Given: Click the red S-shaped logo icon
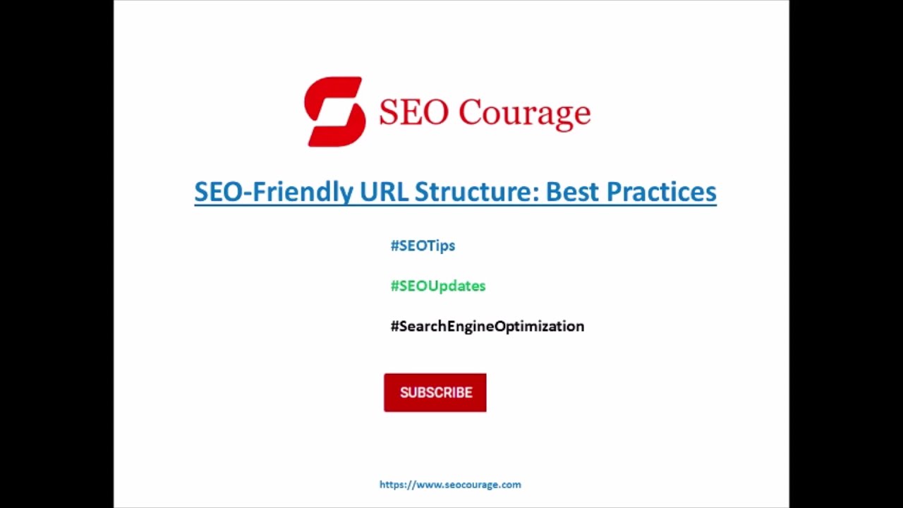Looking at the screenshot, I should click(x=334, y=111).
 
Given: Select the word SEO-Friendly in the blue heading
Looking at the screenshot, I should click(x=274, y=192).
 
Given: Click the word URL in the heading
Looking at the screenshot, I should click(x=384, y=192).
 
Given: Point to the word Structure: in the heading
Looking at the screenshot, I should click(x=476, y=192).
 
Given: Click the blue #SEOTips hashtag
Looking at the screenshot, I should click(x=423, y=246).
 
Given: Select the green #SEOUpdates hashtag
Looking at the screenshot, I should click(x=438, y=286).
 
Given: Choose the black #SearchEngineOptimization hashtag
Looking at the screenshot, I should click(x=487, y=326).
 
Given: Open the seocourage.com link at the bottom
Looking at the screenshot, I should click(x=450, y=485).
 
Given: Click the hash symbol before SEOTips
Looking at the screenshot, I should click(x=394, y=246).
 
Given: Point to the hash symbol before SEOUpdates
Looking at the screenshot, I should click(x=394, y=286).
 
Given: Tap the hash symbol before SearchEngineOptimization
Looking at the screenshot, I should click(x=394, y=326).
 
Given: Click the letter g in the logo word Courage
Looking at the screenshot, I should click(x=562, y=116).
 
